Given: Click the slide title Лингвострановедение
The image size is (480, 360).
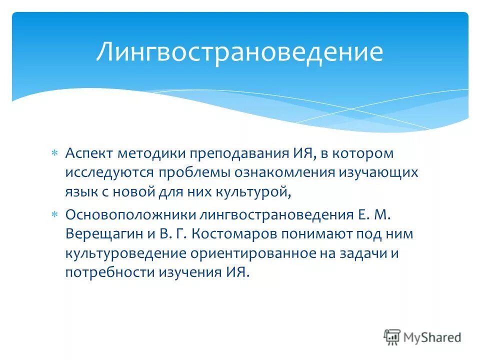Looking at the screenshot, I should (239, 52).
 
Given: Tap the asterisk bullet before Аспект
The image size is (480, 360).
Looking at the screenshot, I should (55, 152).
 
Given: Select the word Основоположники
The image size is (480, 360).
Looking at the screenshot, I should (129, 215).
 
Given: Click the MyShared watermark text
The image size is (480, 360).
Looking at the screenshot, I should (432, 337).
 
